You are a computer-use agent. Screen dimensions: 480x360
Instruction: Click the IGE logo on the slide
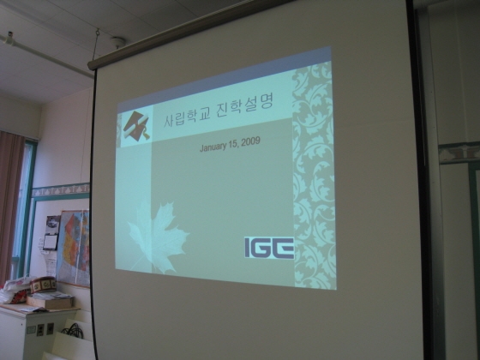[269, 248]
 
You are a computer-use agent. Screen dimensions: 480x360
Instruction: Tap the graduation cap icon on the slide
[136, 126]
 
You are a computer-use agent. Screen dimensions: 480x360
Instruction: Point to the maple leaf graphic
[157, 237]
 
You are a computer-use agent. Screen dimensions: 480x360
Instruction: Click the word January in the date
[214, 147]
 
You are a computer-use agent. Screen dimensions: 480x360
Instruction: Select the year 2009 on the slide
[250, 141]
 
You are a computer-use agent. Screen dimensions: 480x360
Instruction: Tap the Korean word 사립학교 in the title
[187, 117]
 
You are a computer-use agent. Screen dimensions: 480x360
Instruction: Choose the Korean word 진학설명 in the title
[244, 105]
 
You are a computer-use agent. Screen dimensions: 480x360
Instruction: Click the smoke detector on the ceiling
[117, 41]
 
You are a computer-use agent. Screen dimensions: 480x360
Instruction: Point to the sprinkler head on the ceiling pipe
[10, 38]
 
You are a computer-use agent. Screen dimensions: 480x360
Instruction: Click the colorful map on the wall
[74, 247]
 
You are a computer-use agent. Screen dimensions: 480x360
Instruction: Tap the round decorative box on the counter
[43, 285]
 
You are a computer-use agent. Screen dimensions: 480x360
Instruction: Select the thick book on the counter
[50, 302]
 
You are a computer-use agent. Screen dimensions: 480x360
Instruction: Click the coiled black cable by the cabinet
[73, 331]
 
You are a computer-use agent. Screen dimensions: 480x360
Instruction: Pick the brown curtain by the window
[9, 205]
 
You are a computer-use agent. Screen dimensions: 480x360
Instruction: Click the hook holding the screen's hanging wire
[98, 32]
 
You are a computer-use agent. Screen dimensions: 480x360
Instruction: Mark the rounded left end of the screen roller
[91, 65]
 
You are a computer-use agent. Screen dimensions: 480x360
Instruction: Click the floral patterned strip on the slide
[314, 176]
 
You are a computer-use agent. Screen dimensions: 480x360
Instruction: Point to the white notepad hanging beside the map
[51, 242]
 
